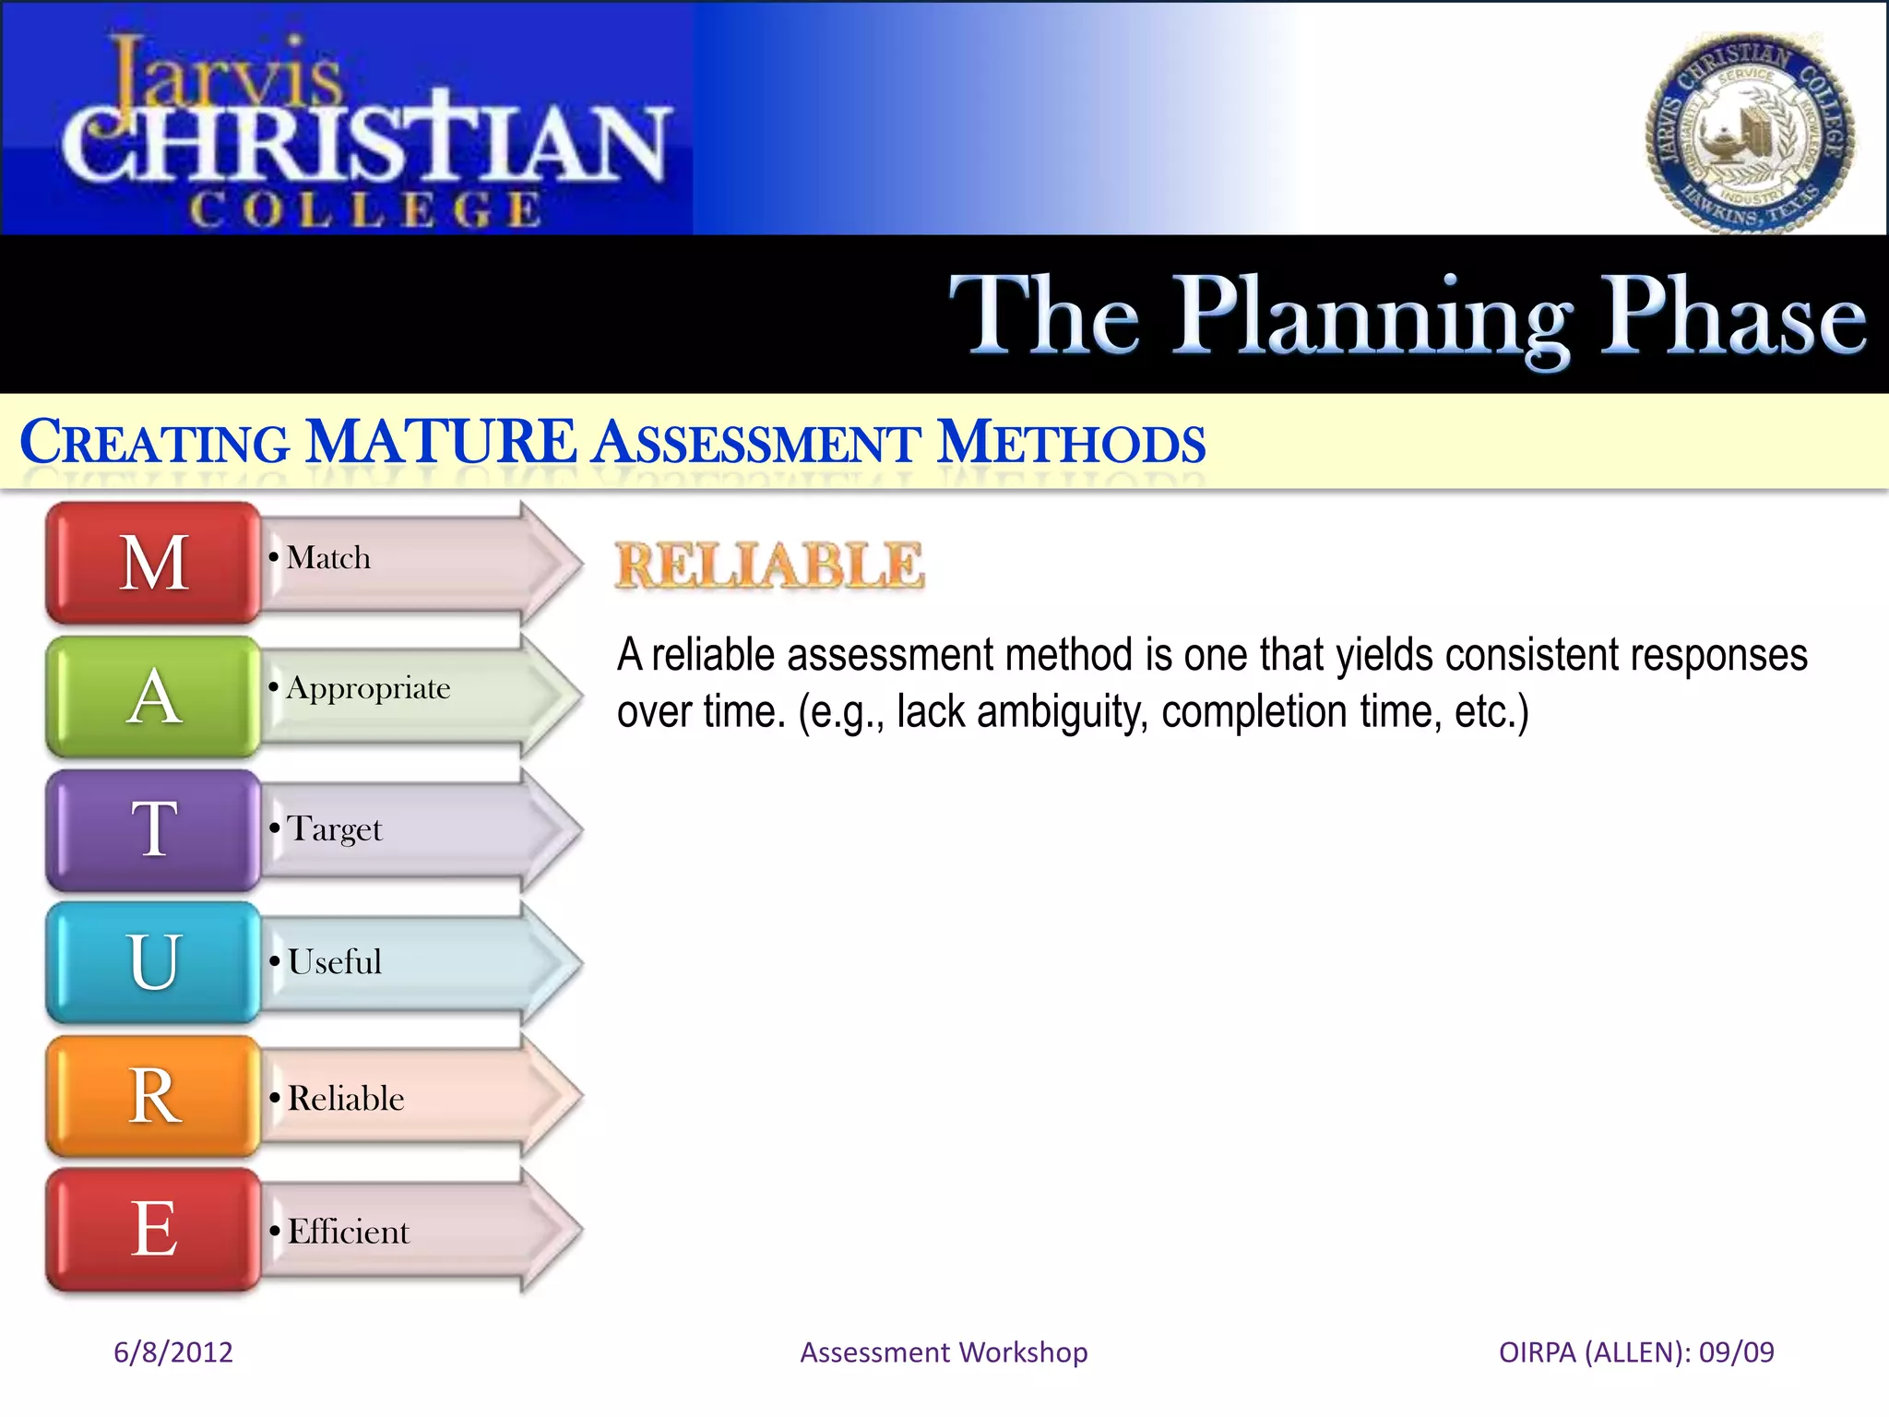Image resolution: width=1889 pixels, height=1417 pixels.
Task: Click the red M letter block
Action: [x=154, y=563]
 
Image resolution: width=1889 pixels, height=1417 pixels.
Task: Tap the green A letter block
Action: [x=154, y=697]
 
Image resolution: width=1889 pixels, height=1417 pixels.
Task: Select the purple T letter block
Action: [x=154, y=829]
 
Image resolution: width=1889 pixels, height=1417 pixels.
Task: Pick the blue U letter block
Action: [x=154, y=962]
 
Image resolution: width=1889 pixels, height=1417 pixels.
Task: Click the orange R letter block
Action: [x=154, y=1096]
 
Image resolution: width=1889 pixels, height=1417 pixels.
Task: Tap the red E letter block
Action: [x=154, y=1229]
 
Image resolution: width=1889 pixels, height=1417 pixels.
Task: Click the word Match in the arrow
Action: [x=328, y=558]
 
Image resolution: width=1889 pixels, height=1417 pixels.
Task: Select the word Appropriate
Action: [x=368, y=689]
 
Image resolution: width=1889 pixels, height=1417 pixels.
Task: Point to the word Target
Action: [x=334, y=829]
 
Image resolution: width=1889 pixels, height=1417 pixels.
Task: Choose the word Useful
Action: [x=334, y=962]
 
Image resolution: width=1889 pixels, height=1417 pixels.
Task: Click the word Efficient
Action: [x=348, y=1232]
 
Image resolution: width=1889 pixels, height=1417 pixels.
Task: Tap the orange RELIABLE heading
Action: [x=769, y=565]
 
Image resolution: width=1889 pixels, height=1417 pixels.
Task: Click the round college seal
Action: [x=1749, y=134]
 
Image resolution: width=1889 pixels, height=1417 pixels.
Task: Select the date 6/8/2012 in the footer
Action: [x=173, y=1352]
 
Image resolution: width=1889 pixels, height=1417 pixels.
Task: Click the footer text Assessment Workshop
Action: [x=944, y=1352]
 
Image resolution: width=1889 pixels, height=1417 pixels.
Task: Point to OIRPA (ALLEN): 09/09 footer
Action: [x=1635, y=1352]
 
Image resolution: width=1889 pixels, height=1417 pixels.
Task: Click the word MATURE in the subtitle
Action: [x=441, y=442]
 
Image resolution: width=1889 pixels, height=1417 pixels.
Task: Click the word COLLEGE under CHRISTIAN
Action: [x=366, y=210]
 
